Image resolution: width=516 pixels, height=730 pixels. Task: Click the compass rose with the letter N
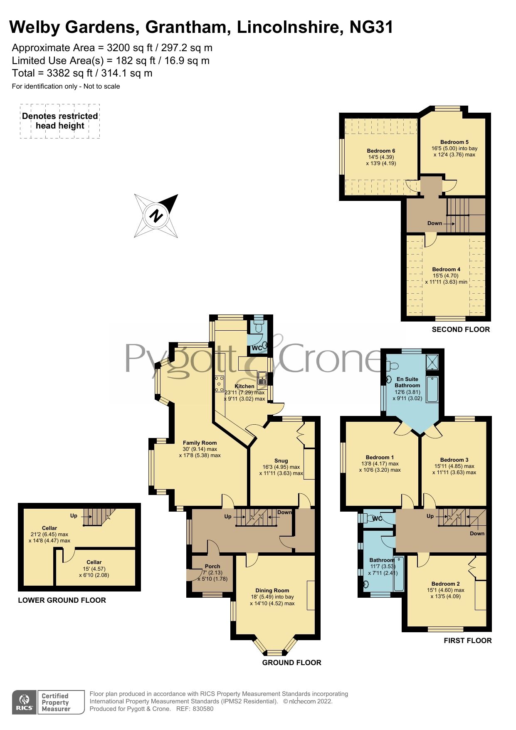tap(156, 216)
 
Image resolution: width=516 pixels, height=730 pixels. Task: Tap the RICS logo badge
tap(24, 702)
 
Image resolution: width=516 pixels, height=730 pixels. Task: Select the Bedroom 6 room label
tap(381, 151)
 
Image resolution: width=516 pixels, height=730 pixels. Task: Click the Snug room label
tap(281, 460)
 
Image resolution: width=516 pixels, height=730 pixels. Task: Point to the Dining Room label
tap(272, 590)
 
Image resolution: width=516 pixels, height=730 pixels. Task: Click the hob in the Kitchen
tap(219, 384)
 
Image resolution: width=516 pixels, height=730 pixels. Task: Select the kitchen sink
tap(262, 378)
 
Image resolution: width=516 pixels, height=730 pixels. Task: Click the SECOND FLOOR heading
tap(461, 329)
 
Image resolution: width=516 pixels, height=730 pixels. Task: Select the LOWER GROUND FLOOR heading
tap(62, 600)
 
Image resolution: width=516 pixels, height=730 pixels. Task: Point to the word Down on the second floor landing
tap(435, 223)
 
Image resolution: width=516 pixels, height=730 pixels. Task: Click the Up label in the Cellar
tap(74, 515)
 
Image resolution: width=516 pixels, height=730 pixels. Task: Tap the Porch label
tap(212, 566)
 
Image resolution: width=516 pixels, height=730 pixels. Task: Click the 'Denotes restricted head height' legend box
tap(60, 121)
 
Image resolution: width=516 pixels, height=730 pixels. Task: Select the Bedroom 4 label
tap(446, 269)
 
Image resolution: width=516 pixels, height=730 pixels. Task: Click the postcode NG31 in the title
tap(371, 27)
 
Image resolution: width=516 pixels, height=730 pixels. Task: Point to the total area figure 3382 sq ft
tap(70, 73)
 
